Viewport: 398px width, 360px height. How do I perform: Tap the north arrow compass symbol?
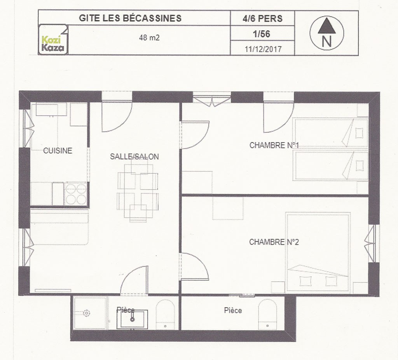[326, 33]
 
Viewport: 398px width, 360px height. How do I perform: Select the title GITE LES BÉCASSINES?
[130, 18]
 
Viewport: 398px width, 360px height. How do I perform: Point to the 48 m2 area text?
[149, 38]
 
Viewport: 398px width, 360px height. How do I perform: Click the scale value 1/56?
[262, 34]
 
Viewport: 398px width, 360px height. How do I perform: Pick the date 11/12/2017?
[263, 49]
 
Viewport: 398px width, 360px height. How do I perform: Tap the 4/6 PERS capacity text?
[262, 19]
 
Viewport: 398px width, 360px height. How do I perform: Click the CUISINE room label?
[58, 151]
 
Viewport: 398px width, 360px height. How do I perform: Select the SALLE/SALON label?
[134, 157]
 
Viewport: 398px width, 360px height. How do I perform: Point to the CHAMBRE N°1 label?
[274, 145]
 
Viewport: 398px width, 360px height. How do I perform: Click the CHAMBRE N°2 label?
[274, 242]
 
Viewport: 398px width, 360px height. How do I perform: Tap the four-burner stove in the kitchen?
[76, 194]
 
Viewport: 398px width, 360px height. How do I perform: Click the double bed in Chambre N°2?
[318, 252]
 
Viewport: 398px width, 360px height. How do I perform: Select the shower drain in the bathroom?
[87, 313]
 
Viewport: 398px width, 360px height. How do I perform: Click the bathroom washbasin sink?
[132, 319]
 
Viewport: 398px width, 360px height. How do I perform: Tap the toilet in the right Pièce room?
[267, 315]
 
